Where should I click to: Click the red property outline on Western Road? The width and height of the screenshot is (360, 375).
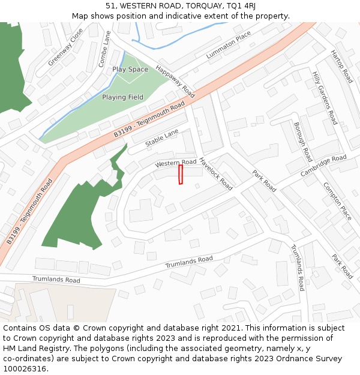[181, 175]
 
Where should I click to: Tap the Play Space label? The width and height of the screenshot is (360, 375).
[130, 70]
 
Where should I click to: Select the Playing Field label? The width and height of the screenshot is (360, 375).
[122, 97]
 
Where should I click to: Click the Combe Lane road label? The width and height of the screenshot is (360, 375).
[105, 49]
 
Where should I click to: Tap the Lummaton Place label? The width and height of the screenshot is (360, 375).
[228, 46]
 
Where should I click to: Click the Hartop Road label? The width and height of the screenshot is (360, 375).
[341, 66]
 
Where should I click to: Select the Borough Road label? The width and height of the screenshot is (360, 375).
[303, 142]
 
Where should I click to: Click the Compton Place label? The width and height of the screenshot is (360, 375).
[338, 201]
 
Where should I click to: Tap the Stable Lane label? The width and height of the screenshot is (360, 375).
[162, 141]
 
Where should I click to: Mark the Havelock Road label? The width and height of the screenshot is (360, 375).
[216, 174]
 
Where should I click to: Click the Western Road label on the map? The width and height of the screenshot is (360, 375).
[176, 163]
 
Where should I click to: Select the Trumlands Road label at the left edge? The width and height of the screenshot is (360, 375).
[56, 280]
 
